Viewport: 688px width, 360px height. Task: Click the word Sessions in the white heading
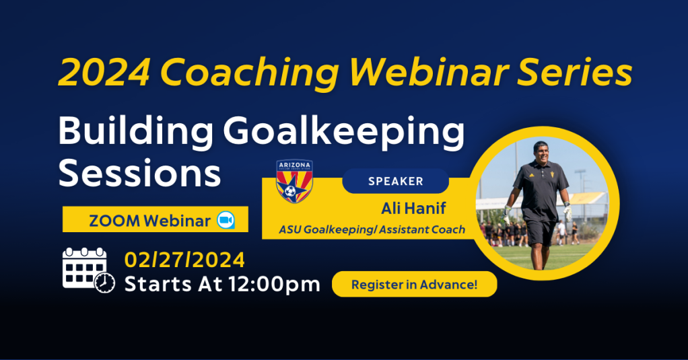[139, 173]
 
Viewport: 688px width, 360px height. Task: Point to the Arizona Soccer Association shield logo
[294, 181]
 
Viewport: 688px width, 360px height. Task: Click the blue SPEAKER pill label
[395, 181]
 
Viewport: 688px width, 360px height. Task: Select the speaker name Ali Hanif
[413, 209]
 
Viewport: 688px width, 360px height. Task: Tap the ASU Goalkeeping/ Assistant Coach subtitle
[372, 229]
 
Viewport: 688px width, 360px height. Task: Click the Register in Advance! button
[414, 285]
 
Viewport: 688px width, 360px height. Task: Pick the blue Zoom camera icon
[226, 220]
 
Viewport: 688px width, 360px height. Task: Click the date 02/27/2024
[184, 260]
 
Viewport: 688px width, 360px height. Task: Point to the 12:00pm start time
[274, 285]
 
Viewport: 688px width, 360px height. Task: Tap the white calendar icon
[88, 270]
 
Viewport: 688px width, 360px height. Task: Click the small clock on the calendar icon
[104, 283]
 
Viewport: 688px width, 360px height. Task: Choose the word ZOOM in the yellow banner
[115, 221]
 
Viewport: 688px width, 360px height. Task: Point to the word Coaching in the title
[250, 73]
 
